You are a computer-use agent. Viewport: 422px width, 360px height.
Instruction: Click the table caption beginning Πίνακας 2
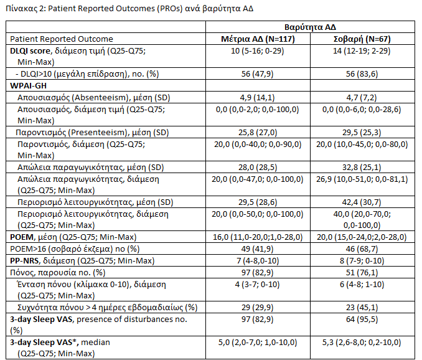click(x=129, y=9)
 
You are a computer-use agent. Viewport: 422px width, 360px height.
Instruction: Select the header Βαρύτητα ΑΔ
click(x=310, y=27)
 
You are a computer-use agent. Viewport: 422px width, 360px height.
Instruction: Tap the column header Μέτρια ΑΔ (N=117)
click(x=258, y=39)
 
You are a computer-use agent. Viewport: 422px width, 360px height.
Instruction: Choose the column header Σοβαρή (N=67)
click(x=362, y=39)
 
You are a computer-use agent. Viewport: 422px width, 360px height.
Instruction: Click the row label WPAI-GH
click(x=28, y=85)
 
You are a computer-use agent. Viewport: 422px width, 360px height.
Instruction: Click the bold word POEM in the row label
click(x=22, y=237)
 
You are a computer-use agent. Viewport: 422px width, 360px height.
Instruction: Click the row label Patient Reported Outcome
click(x=62, y=39)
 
